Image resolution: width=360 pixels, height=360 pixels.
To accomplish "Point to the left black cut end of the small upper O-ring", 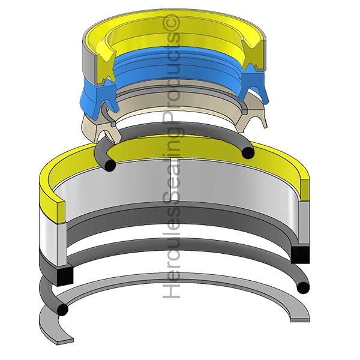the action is pos(110,166).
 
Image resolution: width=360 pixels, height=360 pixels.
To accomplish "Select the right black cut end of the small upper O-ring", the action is pos(248,152).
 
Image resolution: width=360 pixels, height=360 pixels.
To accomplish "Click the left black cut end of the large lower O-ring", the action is pos(62,310).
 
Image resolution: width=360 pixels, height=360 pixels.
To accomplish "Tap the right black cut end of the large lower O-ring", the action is pos(303,287).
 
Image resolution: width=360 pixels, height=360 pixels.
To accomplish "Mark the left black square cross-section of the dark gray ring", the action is pos(65,276).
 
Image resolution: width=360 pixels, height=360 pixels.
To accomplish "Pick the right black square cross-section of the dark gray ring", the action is pos(300,254).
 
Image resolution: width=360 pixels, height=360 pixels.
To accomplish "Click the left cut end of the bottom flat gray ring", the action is pos(65,341).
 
